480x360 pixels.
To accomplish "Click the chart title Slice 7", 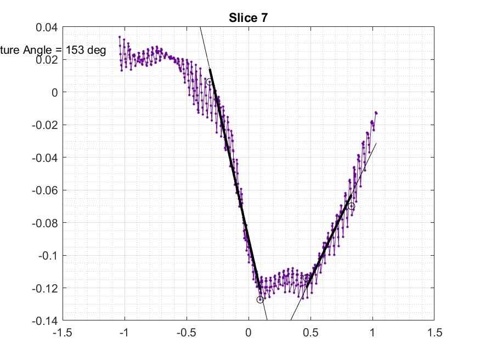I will [248, 18].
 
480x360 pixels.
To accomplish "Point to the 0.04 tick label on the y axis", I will [47, 27].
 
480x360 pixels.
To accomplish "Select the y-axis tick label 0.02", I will [47, 59].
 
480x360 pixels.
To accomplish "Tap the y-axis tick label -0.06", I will [44, 190].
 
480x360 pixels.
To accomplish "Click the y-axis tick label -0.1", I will [47, 255].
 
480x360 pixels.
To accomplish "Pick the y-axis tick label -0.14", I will [44, 320].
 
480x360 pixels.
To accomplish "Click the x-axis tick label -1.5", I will [63, 332].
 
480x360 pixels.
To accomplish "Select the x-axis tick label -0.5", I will [187, 332].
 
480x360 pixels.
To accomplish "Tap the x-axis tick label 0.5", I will [310, 332].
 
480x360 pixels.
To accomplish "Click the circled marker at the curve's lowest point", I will [260, 300].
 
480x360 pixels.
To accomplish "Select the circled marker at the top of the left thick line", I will [210, 82].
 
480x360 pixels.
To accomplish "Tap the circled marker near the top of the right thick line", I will [351, 206].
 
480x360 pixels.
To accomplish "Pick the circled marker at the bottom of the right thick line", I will [306, 278].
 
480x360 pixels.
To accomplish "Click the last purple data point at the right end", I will [376, 113].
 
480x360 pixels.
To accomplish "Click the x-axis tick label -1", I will [125, 332].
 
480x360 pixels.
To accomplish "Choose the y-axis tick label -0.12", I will [44, 288].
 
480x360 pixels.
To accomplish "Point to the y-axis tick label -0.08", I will [44, 223].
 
